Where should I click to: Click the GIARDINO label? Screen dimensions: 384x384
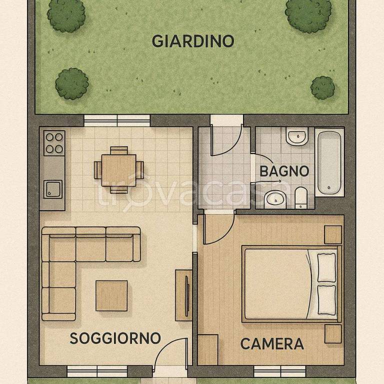[192, 41]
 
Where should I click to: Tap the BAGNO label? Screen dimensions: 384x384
[284, 171]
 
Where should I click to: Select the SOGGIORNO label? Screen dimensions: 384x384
[115, 338]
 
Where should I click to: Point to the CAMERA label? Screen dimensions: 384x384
[272, 344]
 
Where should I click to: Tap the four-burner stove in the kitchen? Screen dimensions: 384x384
[54, 142]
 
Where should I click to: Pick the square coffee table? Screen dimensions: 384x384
[111, 294]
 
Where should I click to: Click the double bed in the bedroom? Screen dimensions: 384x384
[290, 283]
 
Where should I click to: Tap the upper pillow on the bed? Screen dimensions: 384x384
[325, 266]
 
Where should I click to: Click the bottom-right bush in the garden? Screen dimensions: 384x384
[322, 87]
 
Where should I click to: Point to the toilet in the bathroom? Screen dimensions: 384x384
[301, 197]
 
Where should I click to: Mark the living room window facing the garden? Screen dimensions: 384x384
[117, 120]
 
